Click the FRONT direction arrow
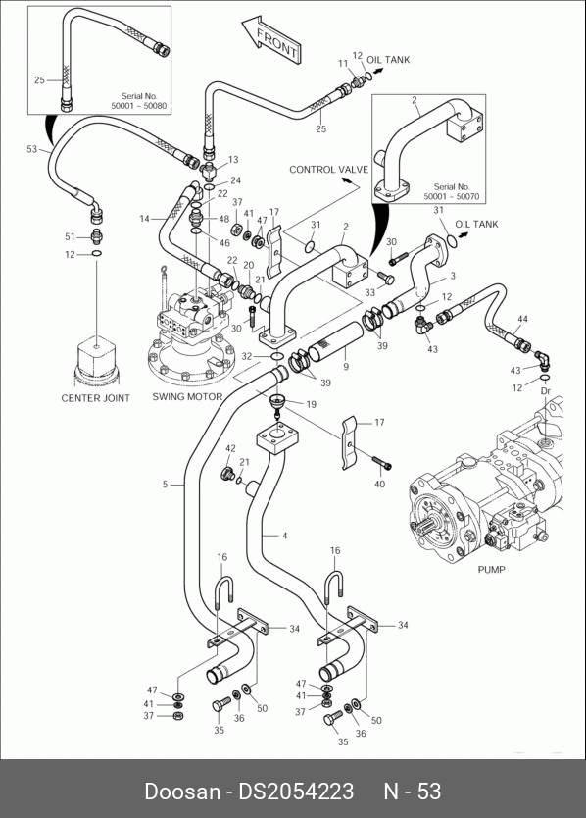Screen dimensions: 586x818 click(271, 39)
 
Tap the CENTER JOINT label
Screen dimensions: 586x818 click(95, 398)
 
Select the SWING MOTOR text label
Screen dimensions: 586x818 click(187, 396)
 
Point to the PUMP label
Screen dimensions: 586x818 click(491, 569)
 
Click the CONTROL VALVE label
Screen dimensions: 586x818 click(328, 170)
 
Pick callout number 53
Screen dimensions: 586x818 click(32, 149)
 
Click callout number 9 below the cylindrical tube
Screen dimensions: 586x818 click(346, 367)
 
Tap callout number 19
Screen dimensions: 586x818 click(311, 404)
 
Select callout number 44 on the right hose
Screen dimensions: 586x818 click(522, 318)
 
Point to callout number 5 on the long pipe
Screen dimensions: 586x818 click(165, 485)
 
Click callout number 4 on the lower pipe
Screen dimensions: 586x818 click(284, 536)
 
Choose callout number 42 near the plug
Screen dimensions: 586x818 click(230, 448)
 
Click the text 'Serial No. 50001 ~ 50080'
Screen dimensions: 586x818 click(139, 101)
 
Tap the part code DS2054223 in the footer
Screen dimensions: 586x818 click(296, 792)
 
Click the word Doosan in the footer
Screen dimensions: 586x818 click(182, 792)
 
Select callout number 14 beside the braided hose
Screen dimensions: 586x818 click(144, 219)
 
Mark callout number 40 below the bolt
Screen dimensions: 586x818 click(379, 485)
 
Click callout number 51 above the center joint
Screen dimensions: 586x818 click(70, 236)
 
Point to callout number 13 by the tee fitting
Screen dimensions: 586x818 click(233, 160)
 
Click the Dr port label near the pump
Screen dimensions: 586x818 click(546, 391)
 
